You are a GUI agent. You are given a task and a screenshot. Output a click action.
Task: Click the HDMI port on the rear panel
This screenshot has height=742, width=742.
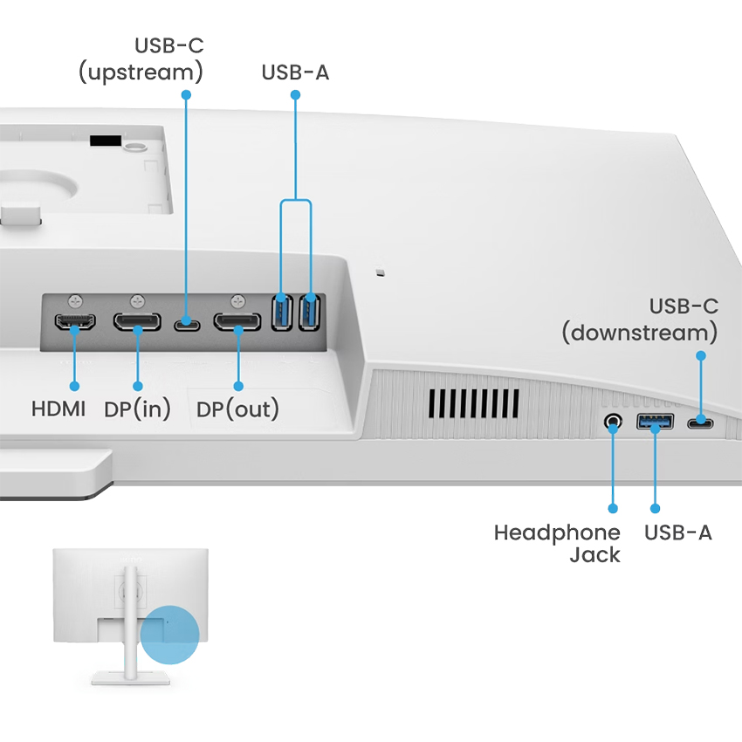point(75,323)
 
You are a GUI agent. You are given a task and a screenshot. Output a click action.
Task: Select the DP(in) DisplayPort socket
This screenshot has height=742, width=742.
point(137,323)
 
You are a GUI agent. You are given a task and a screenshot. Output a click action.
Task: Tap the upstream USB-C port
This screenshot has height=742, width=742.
point(186,324)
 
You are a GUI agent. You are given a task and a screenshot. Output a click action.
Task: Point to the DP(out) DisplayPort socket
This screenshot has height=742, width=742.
point(238,324)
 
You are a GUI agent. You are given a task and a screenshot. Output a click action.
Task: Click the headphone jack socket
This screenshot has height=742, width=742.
point(613,423)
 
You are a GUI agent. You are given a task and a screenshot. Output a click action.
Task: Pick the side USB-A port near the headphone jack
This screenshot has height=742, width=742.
point(655,423)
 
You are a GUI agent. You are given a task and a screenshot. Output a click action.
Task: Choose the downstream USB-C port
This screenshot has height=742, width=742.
point(700,423)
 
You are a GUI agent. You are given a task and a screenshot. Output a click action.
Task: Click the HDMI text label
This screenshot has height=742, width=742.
point(58,408)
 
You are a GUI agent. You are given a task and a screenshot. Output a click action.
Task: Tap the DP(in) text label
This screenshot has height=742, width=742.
point(137,408)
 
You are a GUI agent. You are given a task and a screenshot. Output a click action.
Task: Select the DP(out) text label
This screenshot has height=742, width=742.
point(237,408)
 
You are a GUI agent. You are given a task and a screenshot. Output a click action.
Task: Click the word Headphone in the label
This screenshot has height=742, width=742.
point(557,532)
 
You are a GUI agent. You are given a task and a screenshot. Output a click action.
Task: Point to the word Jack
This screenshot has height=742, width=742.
point(594,554)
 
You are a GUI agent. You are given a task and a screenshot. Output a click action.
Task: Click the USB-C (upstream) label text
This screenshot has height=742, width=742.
point(141,58)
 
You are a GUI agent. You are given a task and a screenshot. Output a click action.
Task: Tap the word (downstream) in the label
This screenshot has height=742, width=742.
point(640,333)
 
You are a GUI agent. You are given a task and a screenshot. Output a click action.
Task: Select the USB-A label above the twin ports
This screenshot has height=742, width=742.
point(295,72)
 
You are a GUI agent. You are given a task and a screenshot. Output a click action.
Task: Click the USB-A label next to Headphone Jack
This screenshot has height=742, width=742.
point(677,532)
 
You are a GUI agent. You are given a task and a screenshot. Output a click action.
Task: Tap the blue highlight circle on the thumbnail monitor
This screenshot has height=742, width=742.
point(169,636)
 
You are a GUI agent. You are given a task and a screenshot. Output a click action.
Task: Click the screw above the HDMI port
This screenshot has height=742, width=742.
point(77,299)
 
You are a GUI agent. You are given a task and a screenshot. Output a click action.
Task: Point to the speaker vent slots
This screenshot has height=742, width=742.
point(473,402)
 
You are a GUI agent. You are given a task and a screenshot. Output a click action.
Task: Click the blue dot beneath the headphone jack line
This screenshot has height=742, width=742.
point(613,507)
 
